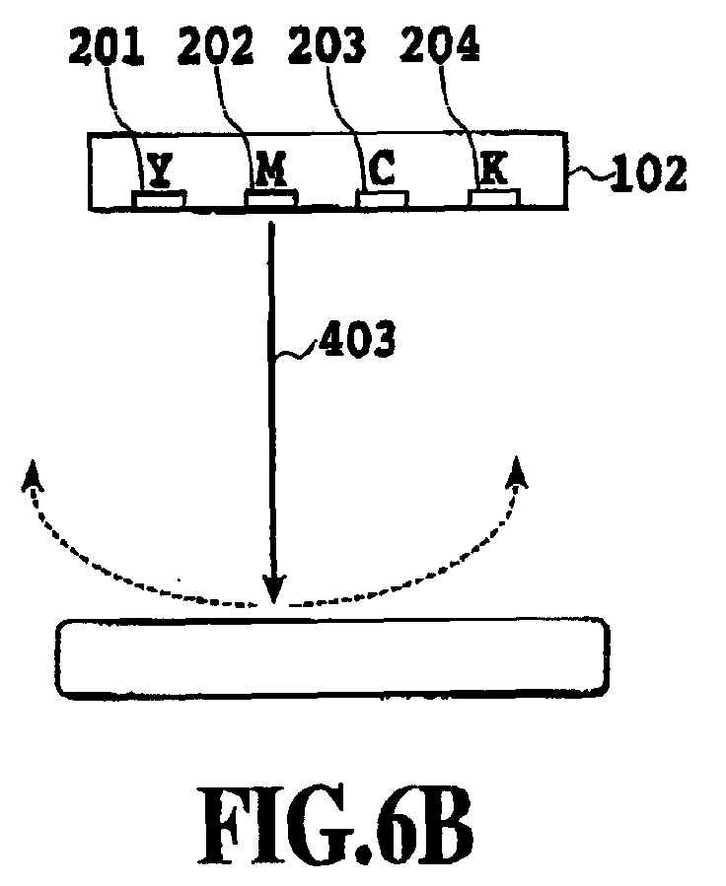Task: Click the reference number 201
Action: pyautogui.click(x=107, y=46)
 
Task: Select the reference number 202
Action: pyautogui.click(x=215, y=45)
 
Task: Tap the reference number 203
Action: pyautogui.click(x=327, y=45)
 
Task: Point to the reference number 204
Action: pyautogui.click(x=439, y=44)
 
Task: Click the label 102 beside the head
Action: pyautogui.click(x=648, y=172)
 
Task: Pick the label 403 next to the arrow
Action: pyautogui.click(x=357, y=340)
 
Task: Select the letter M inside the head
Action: pyautogui.click(x=271, y=169)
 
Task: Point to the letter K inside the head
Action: pyautogui.click(x=493, y=168)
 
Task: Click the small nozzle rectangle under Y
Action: pyautogui.click(x=159, y=199)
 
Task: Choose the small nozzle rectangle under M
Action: pyautogui.click(x=272, y=198)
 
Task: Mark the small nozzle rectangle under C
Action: pyautogui.click(x=382, y=199)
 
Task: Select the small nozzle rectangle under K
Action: pyautogui.click(x=493, y=198)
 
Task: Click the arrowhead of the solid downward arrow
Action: pyautogui.click(x=274, y=589)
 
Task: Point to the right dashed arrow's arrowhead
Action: pyautogui.click(x=516, y=472)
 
